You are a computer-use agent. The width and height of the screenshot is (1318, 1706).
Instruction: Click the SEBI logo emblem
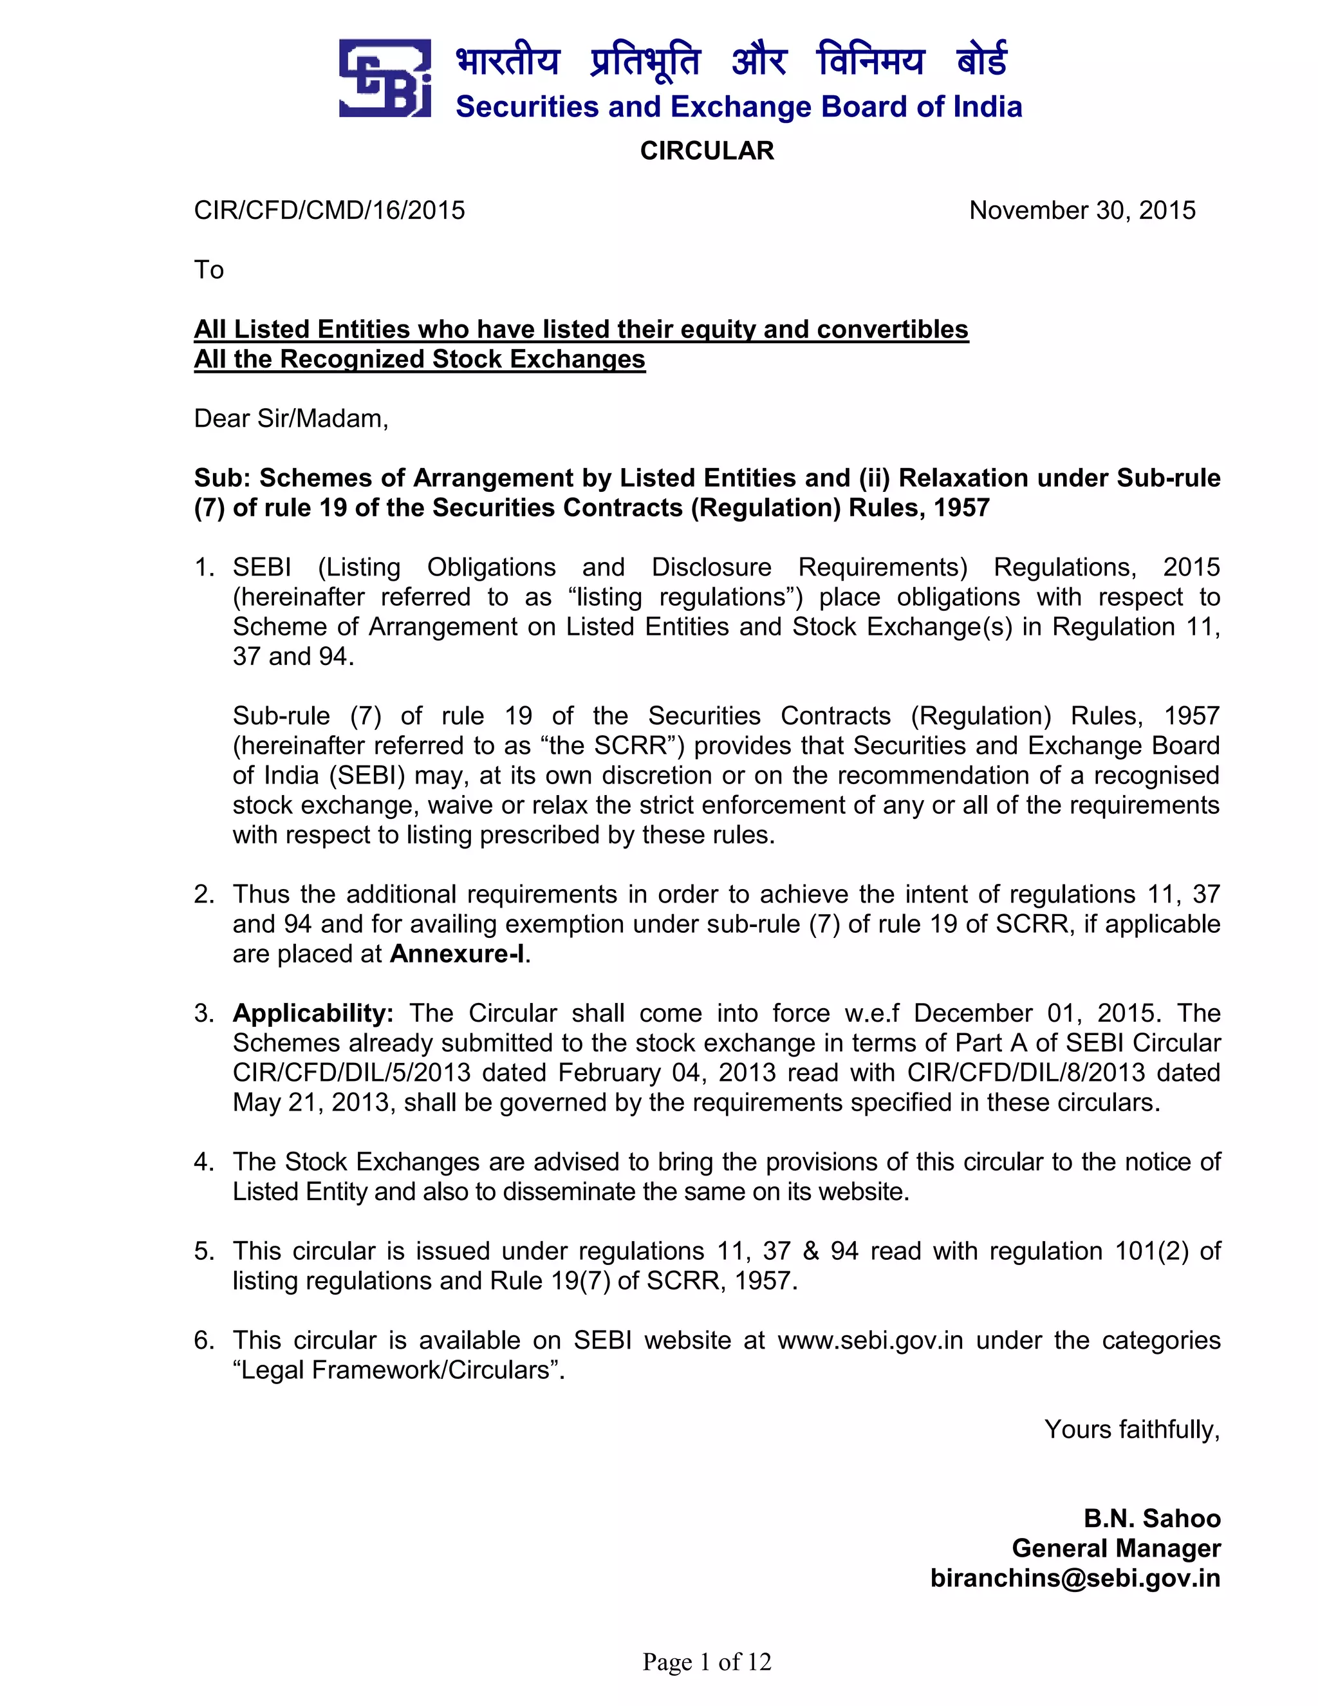pos(385,78)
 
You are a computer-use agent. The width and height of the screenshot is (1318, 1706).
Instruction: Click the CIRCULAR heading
pos(707,151)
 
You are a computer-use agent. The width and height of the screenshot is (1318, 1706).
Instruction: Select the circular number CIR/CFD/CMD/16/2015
pos(329,210)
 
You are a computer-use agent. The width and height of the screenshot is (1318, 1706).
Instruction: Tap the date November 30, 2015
pos(1082,210)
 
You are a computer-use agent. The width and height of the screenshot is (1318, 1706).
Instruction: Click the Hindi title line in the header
pos(731,61)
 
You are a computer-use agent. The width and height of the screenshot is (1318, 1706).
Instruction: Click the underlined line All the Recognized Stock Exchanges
pos(420,359)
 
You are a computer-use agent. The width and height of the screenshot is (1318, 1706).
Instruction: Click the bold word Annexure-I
pos(458,954)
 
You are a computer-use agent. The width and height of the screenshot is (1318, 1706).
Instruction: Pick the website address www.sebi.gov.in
pos(870,1340)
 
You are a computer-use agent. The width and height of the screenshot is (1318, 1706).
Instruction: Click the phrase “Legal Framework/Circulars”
pos(398,1369)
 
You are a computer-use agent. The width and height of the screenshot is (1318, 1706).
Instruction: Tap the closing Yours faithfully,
pos(1131,1429)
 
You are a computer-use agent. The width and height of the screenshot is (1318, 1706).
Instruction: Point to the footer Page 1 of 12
pos(707,1662)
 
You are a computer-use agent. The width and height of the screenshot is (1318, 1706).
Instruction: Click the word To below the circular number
pos(209,270)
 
